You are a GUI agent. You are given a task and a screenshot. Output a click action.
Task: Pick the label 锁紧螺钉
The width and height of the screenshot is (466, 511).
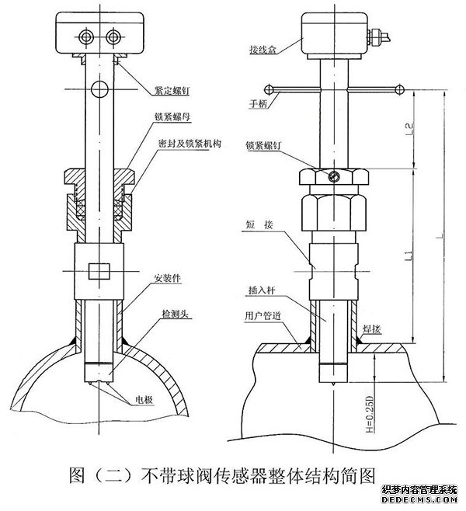coord(264,144)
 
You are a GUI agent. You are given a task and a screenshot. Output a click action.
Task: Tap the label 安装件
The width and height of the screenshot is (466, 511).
coord(169,277)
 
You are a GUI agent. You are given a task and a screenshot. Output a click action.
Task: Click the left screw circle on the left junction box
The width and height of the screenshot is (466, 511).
coord(87,35)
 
